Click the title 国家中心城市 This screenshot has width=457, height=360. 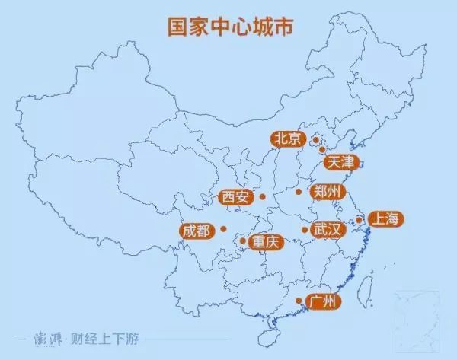coord(228,24)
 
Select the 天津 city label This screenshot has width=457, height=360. coord(340,162)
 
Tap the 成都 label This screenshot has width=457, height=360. coord(197,230)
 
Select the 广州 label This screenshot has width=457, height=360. coord(323,302)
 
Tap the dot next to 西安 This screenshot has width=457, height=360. coord(262,198)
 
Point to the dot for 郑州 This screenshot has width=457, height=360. coord(299,192)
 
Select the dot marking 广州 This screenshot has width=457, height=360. coord(298,302)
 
